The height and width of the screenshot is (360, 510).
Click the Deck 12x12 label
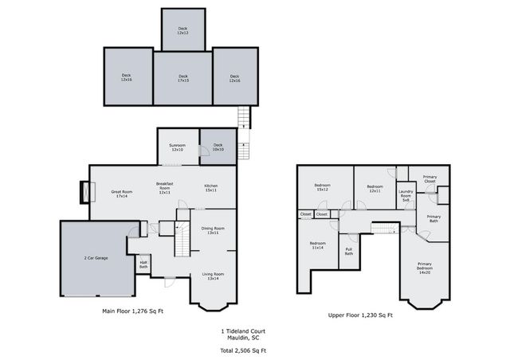[182, 30]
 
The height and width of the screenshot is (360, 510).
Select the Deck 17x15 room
[182, 78]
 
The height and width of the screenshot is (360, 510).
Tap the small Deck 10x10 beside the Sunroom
[218, 147]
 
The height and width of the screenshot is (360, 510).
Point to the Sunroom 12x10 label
[177, 147]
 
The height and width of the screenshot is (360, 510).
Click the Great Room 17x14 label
[121, 194]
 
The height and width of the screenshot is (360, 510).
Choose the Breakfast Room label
[165, 188]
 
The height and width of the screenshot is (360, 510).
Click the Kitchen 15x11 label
[211, 188]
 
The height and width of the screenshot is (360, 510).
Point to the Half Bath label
[143, 264]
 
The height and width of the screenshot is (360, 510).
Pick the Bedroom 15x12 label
[323, 187]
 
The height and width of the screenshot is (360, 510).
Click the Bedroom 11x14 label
[317, 245]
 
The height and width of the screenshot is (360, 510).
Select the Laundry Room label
[406, 194]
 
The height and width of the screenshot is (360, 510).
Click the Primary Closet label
[430, 179]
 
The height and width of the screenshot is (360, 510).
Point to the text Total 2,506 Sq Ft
[244, 350]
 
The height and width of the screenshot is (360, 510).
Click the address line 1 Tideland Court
[244, 331]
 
